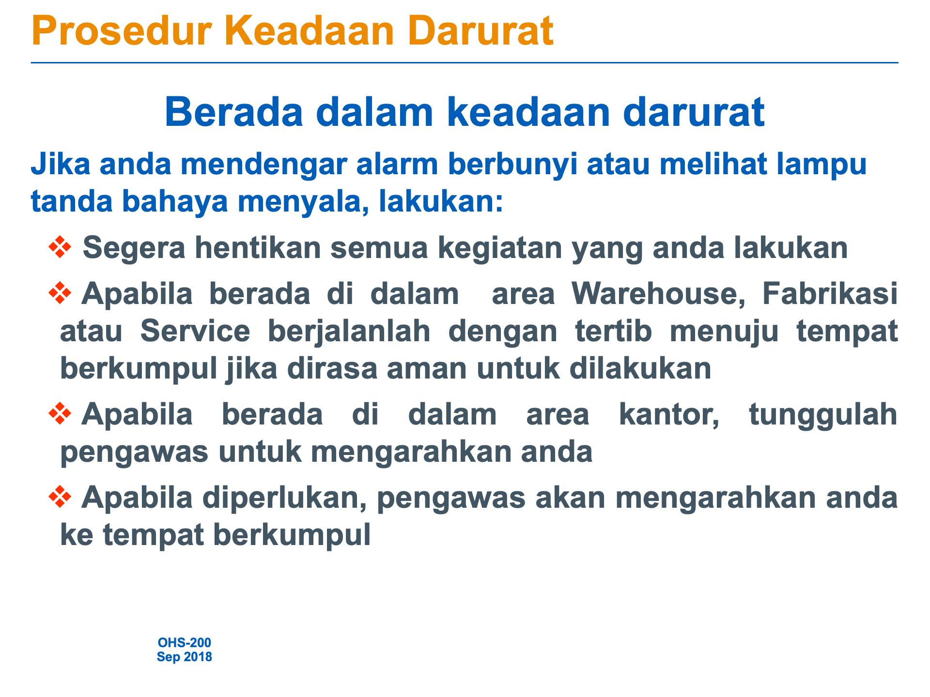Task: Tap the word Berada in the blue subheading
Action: pos(234,112)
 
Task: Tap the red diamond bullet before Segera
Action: pos(60,247)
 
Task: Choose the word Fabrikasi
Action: pos(830,293)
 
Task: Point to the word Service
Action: pos(195,331)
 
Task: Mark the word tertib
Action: pos(613,331)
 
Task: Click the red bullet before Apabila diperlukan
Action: pos(60,497)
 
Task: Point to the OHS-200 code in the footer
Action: pos(185,642)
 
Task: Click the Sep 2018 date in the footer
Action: pos(185,657)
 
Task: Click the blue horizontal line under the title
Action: pos(465,63)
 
